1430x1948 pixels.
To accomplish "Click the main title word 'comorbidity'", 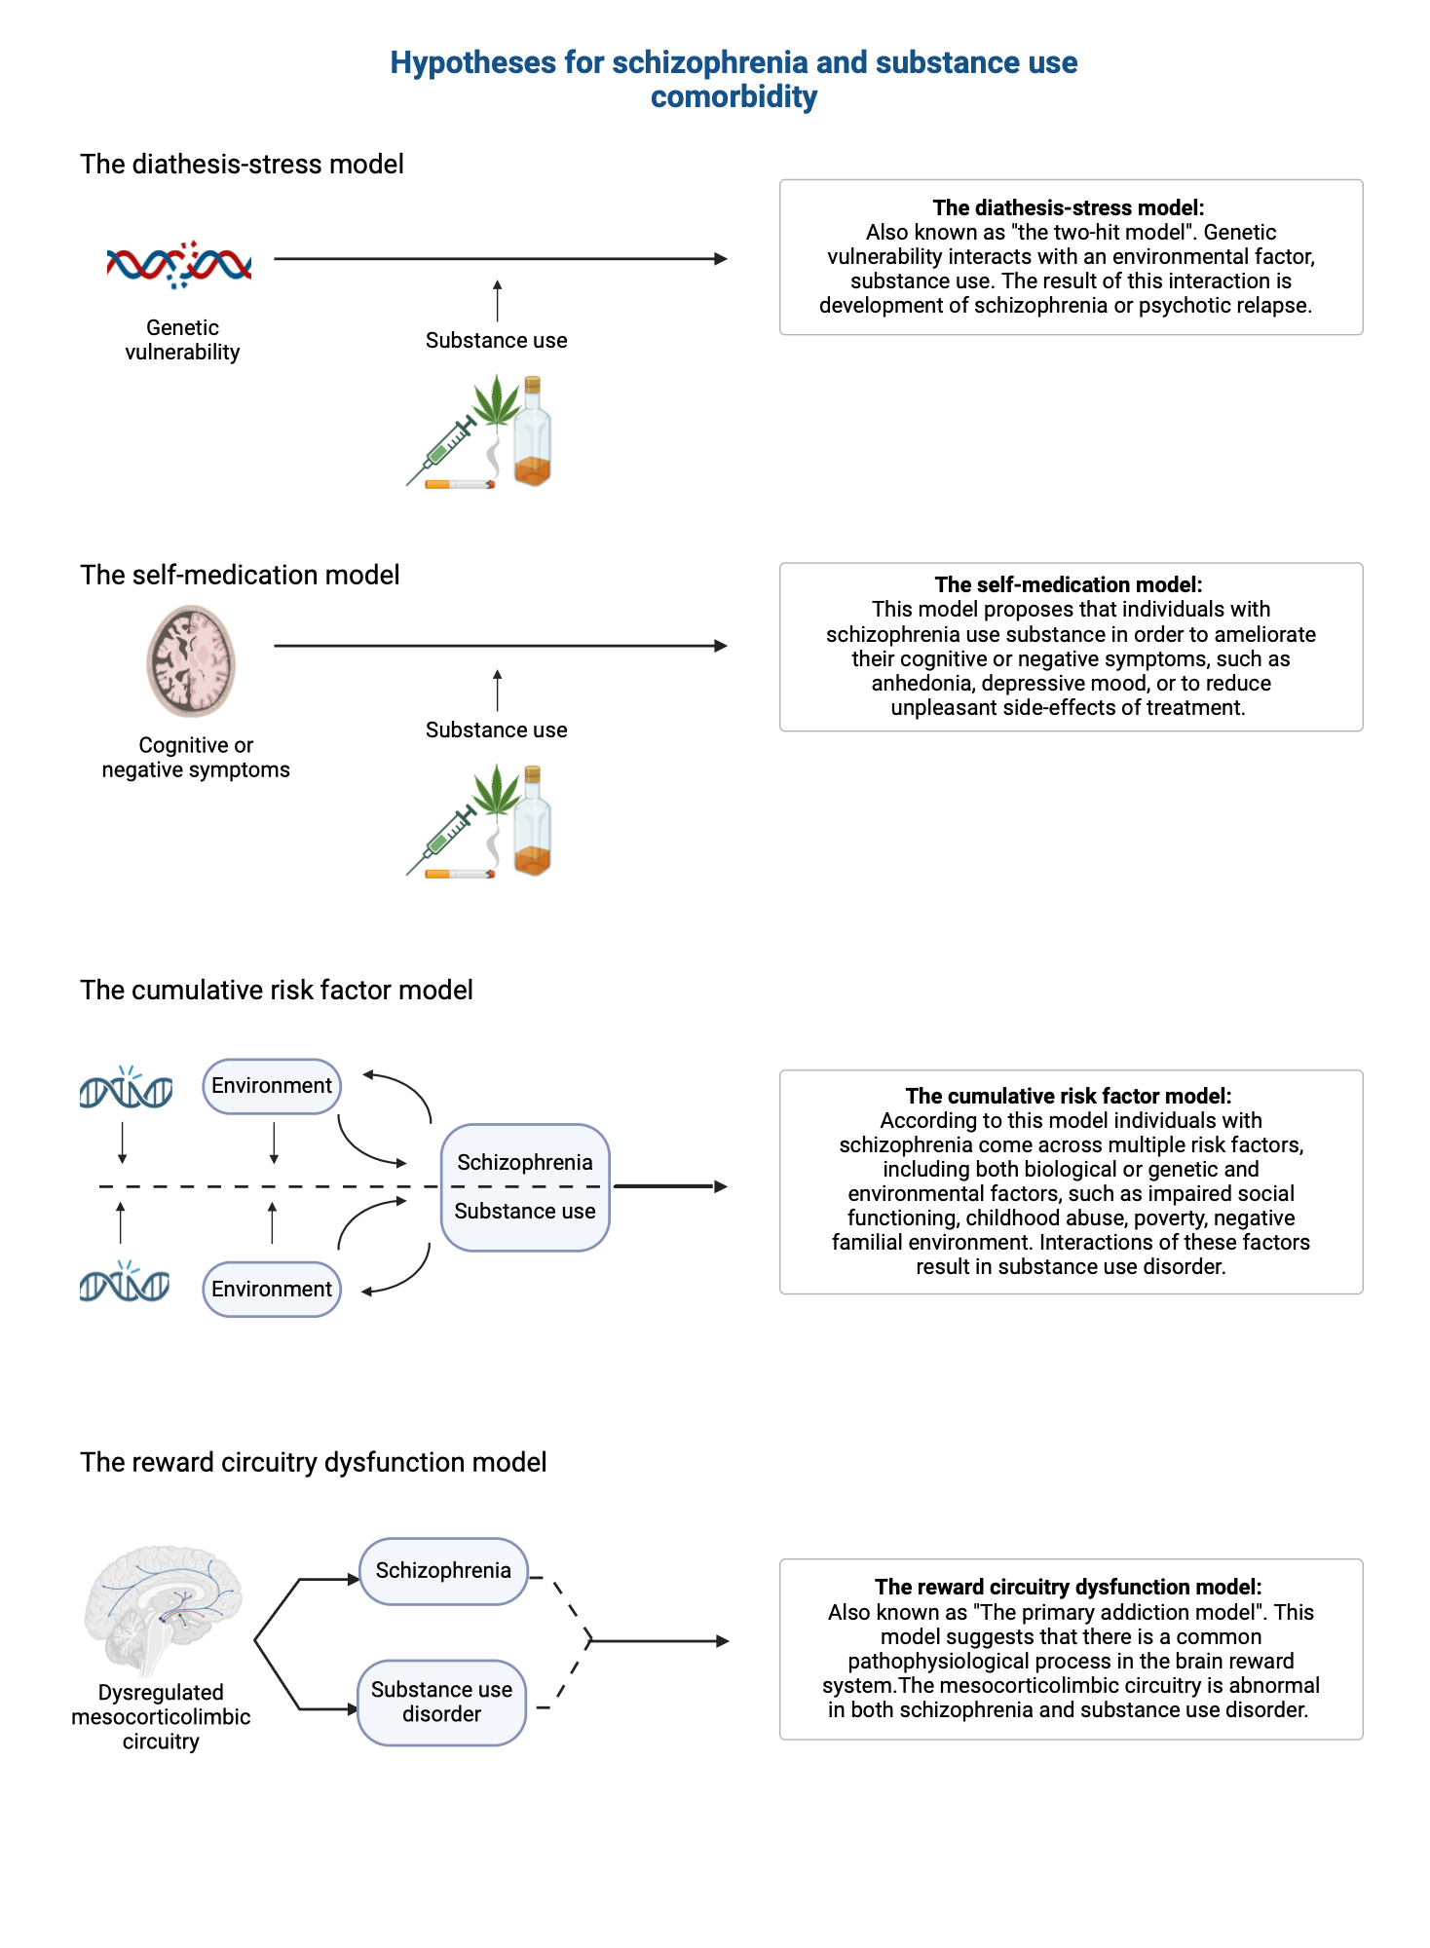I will click(734, 97).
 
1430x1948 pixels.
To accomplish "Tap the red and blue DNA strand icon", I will click(179, 264).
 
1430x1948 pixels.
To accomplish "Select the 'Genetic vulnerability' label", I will click(182, 340).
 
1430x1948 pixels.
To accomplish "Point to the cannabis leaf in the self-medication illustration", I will click(498, 790).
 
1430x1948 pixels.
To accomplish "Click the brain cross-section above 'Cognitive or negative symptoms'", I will click(191, 660).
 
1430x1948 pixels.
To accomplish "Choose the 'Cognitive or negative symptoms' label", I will click(196, 758).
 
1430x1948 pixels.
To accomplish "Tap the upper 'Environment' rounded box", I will click(272, 1086).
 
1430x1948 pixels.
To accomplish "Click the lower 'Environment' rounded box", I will click(272, 1290).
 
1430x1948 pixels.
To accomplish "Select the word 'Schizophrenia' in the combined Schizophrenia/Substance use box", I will click(525, 1162).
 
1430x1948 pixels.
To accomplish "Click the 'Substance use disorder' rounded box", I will click(442, 1702).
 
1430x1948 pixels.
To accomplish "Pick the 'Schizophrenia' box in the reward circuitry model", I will click(443, 1570).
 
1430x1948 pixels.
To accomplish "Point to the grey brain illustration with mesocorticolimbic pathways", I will click(163, 1607).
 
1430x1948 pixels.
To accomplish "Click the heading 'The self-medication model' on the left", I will click(240, 575).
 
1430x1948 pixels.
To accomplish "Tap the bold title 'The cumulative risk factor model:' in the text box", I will click(1069, 1096).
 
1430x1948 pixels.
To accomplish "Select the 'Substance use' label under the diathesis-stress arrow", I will click(496, 341).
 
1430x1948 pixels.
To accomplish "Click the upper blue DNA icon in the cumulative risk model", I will click(126, 1089).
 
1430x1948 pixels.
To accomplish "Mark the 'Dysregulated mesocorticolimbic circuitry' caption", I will click(161, 1716).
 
